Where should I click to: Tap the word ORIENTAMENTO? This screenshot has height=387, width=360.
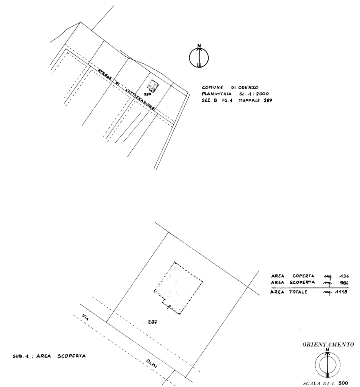click(328, 344)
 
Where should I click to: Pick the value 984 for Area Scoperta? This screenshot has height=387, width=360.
click(344, 282)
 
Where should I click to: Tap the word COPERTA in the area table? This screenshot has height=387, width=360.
click(303, 276)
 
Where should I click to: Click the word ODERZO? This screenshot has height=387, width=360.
click(248, 87)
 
